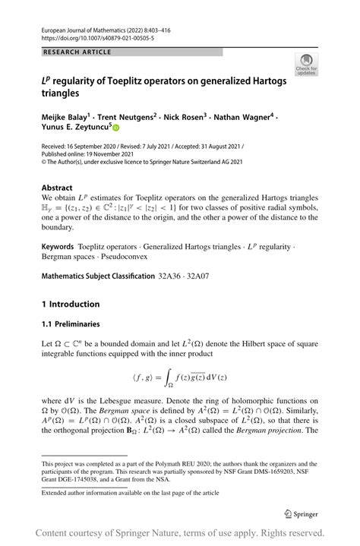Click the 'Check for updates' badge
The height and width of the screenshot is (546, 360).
[x=307, y=65]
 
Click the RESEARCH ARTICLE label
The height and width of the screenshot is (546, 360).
[x=77, y=52]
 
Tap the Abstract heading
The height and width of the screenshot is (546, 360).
[x=57, y=188]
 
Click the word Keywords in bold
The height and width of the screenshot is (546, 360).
[x=58, y=247]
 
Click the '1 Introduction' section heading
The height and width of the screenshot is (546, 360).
[x=71, y=305]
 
